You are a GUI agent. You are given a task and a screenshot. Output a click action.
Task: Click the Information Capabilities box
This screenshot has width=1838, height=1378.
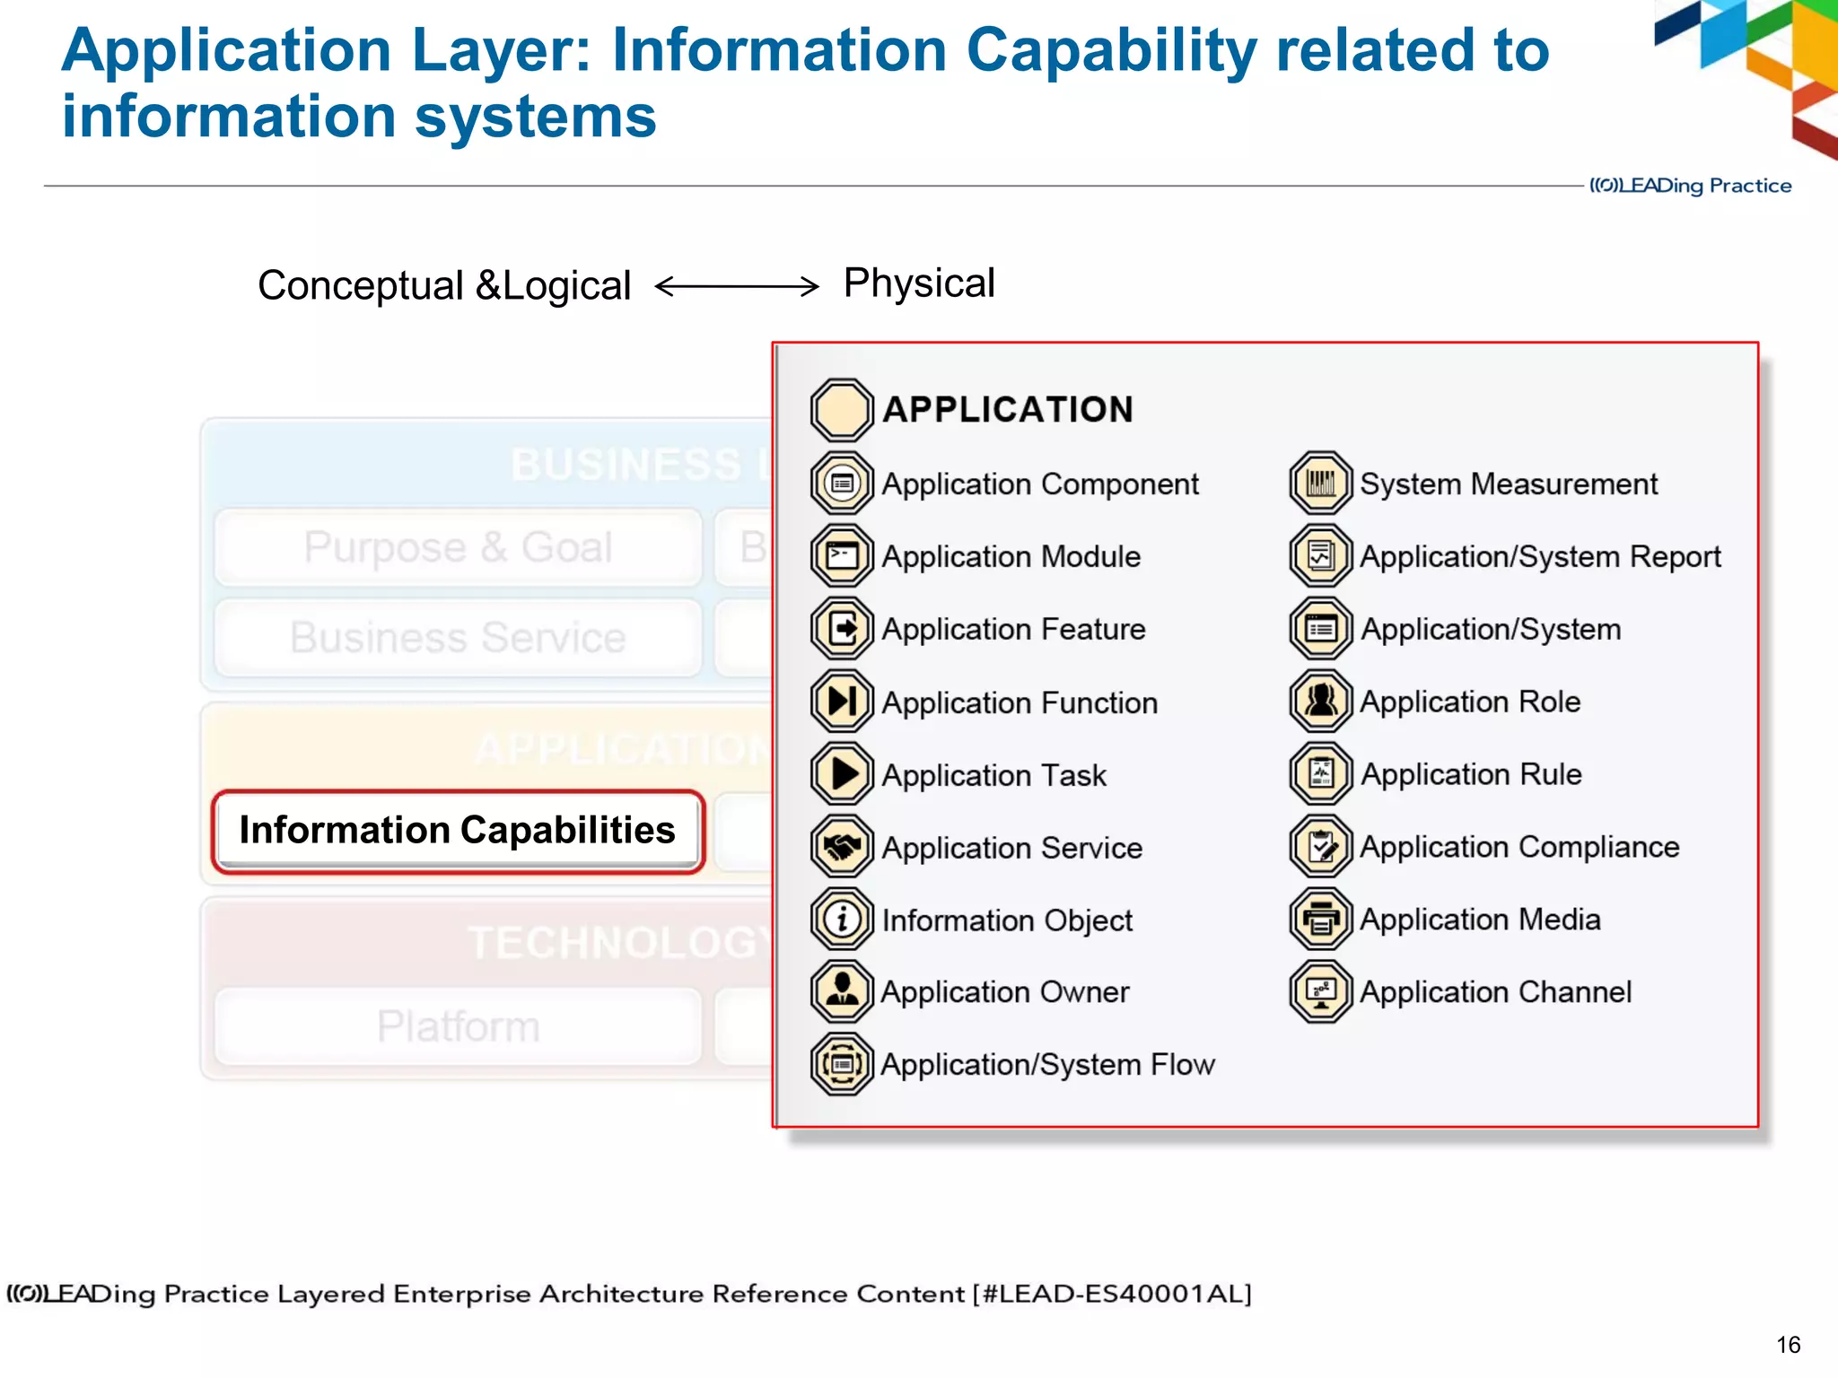click(458, 831)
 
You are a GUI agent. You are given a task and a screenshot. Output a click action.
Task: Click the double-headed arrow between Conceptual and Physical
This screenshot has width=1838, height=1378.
click(737, 286)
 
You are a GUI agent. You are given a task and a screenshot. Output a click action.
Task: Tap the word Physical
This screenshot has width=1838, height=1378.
click(919, 283)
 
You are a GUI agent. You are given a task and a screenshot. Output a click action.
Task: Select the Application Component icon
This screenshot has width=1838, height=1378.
click(841, 484)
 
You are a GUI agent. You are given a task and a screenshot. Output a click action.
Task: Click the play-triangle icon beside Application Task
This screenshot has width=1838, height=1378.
click(841, 774)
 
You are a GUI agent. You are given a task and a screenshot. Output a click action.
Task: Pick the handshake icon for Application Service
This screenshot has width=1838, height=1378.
click(841, 847)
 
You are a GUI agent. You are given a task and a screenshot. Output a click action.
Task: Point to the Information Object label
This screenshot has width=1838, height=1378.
click(1007, 920)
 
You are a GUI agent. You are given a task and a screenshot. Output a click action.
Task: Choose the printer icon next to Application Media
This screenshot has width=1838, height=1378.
click(1320, 920)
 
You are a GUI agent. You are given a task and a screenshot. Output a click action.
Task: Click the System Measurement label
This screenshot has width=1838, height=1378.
click(1509, 484)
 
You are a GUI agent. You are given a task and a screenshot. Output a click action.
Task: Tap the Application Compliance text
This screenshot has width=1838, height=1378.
click(1519, 847)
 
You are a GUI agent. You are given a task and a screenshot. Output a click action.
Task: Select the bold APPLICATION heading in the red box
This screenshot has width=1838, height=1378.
click(1008, 410)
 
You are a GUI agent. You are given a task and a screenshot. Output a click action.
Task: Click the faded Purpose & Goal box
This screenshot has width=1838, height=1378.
click(458, 547)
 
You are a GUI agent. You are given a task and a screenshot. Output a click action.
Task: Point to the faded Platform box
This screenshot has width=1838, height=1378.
click(458, 1026)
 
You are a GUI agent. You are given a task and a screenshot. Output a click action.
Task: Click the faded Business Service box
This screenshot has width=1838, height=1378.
click(458, 638)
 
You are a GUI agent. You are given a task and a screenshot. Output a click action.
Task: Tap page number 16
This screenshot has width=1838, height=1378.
click(1788, 1345)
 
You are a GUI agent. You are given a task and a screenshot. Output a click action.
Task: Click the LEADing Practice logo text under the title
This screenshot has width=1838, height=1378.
click(1691, 186)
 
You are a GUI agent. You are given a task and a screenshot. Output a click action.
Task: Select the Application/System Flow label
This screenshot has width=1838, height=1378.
click(1047, 1065)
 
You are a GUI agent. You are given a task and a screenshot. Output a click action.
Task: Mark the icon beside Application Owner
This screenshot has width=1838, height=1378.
click(841, 991)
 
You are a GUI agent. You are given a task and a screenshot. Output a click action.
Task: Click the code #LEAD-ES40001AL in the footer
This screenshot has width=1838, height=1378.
click(1112, 1294)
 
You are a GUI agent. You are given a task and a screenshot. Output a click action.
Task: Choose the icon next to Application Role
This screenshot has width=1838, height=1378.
click(1320, 702)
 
